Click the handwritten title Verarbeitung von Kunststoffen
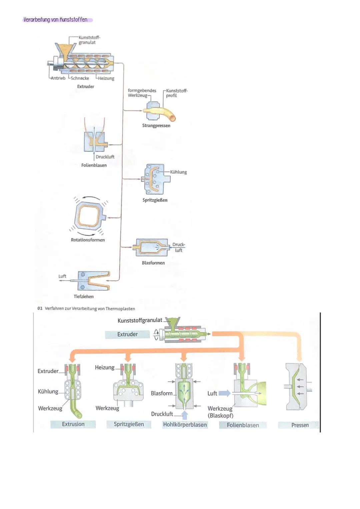(56, 20)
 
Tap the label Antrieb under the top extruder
(58, 78)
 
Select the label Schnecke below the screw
(80, 78)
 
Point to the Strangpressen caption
(156, 126)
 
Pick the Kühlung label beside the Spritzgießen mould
(178, 172)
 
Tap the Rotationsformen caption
(88, 240)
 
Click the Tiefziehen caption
(84, 297)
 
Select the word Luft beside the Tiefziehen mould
(62, 276)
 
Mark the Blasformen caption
(153, 263)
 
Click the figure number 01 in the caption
(40, 309)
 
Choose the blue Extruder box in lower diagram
(127, 334)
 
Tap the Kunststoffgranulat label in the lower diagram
(140, 320)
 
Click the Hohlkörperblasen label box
(185, 425)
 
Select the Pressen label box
(300, 425)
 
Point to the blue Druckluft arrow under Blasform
(184, 415)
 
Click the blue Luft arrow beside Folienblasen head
(224, 393)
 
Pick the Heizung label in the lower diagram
(104, 367)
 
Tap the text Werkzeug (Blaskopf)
(220, 412)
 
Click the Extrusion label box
(73, 424)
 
